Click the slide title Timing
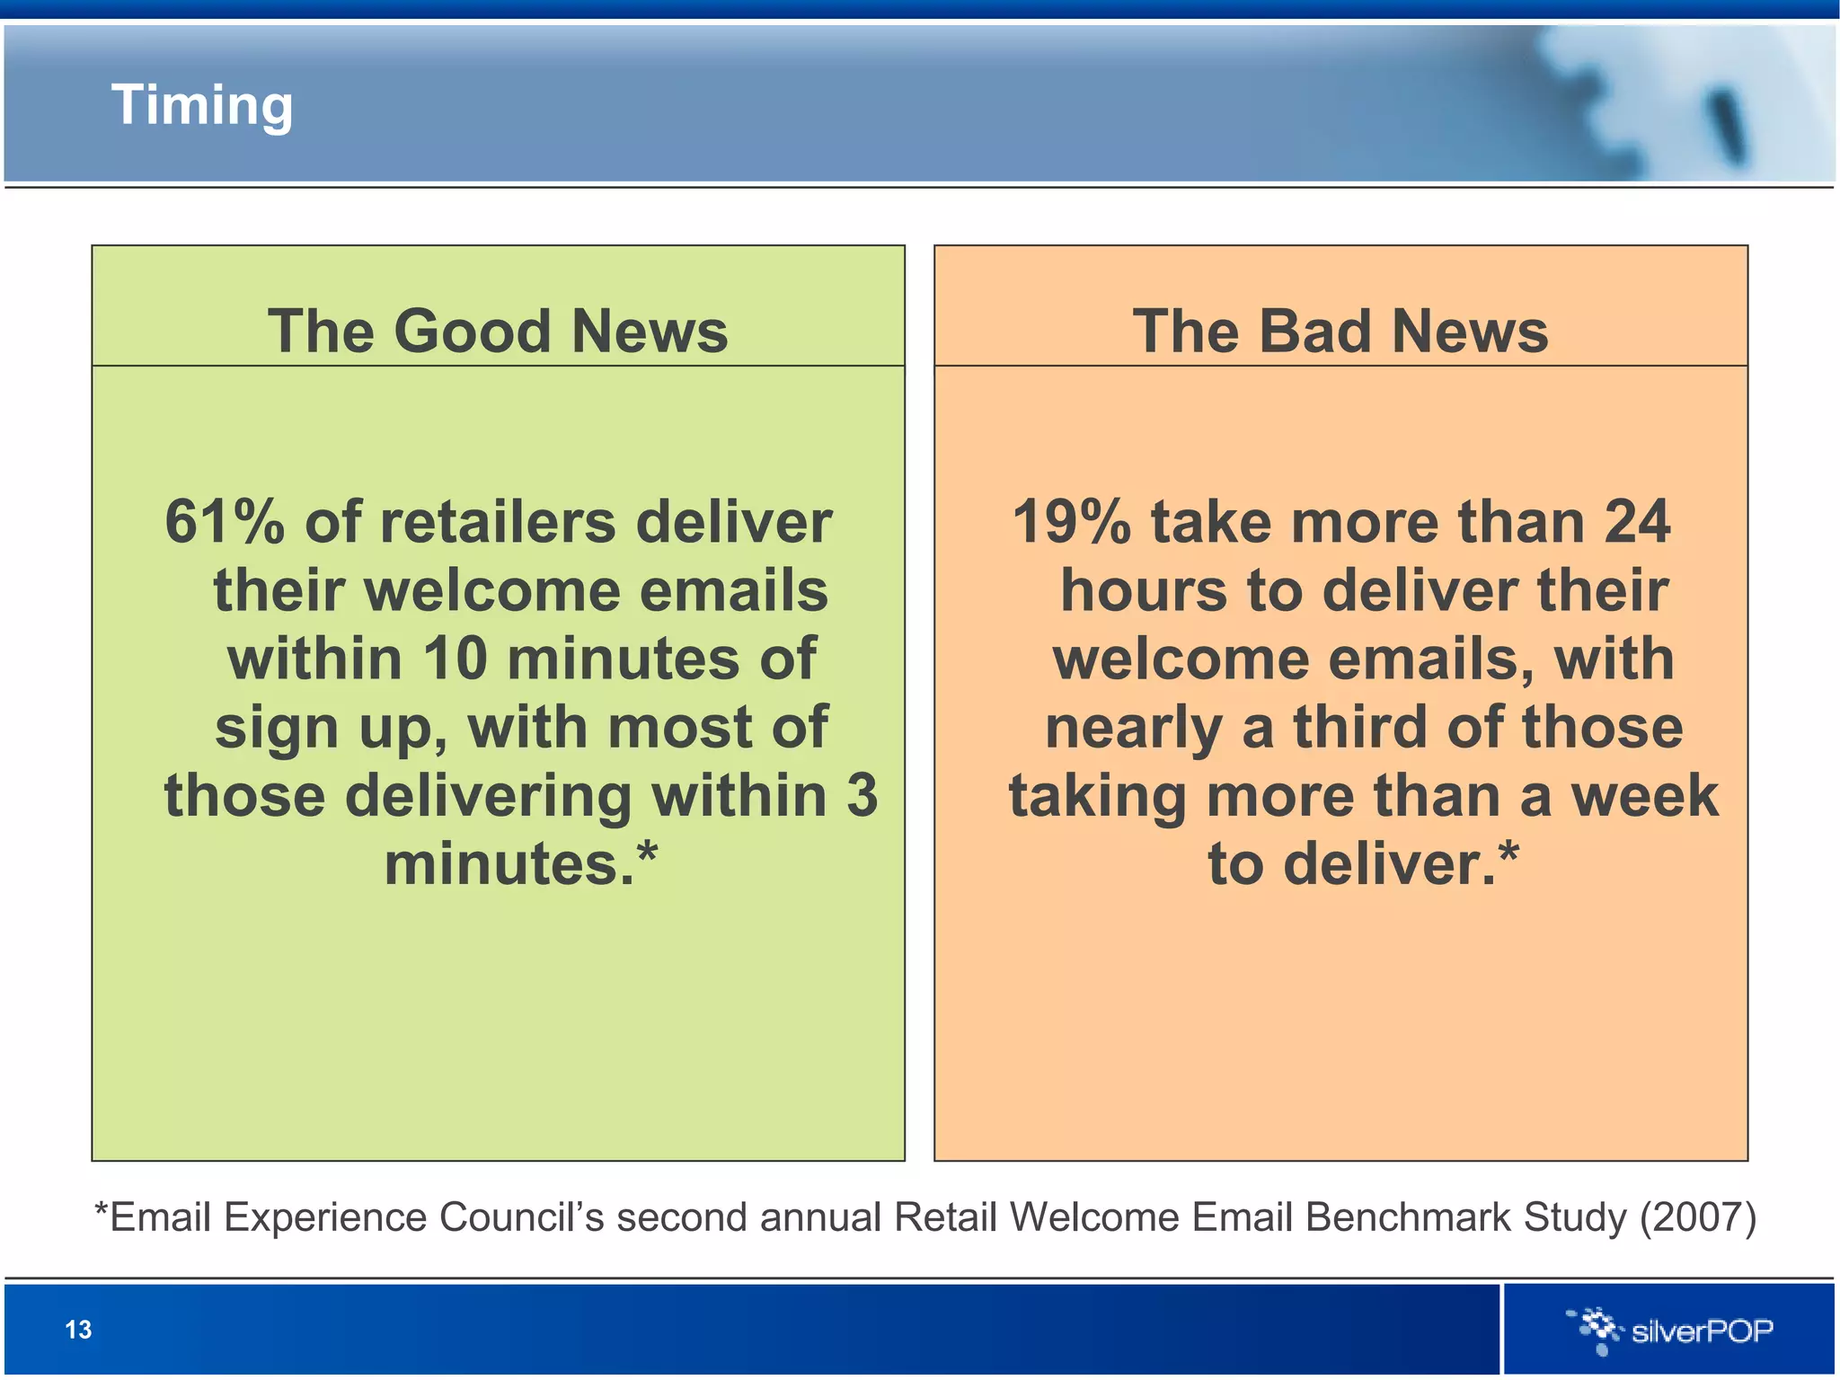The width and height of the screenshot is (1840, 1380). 202,106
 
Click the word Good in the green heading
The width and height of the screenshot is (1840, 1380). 472,332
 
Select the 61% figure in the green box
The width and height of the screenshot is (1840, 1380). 224,522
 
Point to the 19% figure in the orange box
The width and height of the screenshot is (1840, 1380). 1071,522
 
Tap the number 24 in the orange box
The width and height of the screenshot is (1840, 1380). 1637,522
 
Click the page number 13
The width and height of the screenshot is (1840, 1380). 78,1330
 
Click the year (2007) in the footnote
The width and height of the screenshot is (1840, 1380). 1697,1218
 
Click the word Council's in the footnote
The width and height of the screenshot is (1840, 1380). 521,1218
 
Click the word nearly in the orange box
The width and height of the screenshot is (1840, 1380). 1133,727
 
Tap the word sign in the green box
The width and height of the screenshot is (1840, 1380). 277,727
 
